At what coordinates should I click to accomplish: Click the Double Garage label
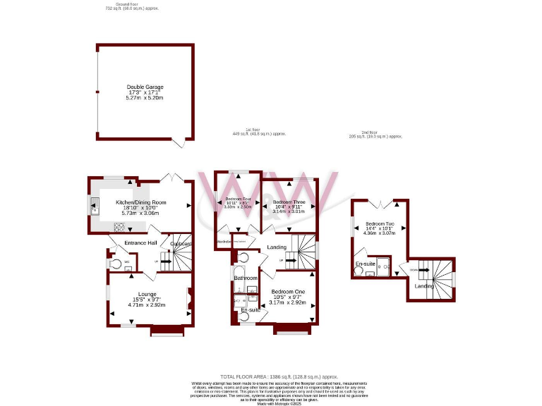click(x=145, y=87)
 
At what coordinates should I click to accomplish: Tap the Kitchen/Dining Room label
click(x=140, y=202)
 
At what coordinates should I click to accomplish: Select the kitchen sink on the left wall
click(x=93, y=208)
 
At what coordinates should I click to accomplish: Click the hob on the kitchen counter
click(x=120, y=226)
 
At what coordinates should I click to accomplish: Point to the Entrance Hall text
click(x=140, y=243)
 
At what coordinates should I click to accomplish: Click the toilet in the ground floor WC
click(x=115, y=263)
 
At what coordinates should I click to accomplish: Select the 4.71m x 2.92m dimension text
click(x=146, y=305)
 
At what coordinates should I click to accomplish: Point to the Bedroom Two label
click(x=380, y=225)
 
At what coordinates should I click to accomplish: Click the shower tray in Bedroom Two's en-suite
click(x=383, y=266)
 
